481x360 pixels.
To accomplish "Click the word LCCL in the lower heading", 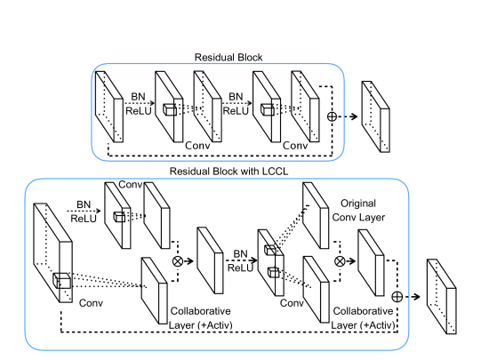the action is coord(275,171).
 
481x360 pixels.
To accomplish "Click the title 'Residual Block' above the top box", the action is coord(228,58).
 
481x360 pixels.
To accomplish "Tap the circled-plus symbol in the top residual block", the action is coord(332,116).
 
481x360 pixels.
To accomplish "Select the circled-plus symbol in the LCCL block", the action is coord(397,297).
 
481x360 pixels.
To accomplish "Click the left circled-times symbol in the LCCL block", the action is coord(178,261).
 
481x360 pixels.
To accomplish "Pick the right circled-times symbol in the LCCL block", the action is coord(340,261).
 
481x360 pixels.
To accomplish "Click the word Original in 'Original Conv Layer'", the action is coord(358,204).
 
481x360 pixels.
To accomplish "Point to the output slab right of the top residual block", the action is coord(375,116).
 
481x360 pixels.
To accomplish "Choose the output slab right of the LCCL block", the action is coord(441,296).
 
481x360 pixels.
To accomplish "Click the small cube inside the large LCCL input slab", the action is coord(61,281).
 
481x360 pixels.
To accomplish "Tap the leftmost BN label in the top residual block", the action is coord(138,97).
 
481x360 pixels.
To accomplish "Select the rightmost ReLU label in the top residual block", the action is coord(236,111).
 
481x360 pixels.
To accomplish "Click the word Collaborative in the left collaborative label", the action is coord(201,311).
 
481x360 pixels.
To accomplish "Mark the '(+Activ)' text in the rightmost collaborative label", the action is coord(379,325).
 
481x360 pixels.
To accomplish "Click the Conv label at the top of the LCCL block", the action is coord(130,185).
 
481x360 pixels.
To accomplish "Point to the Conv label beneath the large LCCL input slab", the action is coord(91,303).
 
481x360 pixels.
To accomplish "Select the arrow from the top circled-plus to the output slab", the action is coord(348,116).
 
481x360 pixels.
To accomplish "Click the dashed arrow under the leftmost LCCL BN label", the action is coord(84,211).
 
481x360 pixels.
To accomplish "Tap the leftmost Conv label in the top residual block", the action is coord(197,146).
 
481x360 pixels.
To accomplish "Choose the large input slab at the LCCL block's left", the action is coord(52,252).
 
